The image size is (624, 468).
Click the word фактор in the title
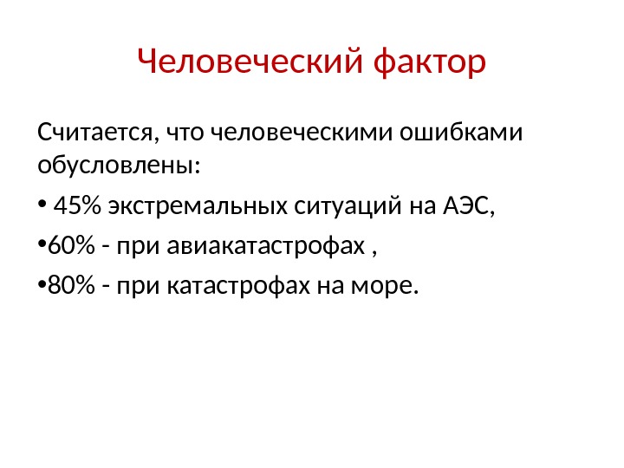428,62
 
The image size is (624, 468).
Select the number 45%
77,208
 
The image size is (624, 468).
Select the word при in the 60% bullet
131,250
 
